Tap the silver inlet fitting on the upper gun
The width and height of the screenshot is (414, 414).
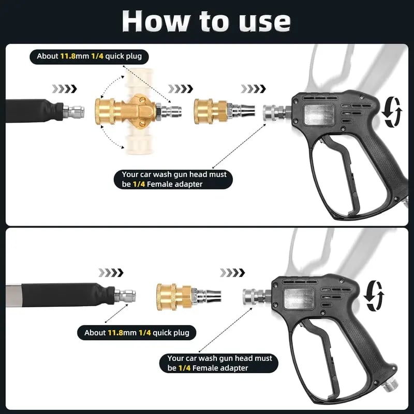[274, 111]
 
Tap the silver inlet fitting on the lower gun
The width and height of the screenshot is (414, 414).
[254, 297]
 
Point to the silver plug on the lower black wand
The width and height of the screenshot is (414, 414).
[126, 297]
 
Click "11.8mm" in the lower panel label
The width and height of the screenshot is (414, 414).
[122, 333]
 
